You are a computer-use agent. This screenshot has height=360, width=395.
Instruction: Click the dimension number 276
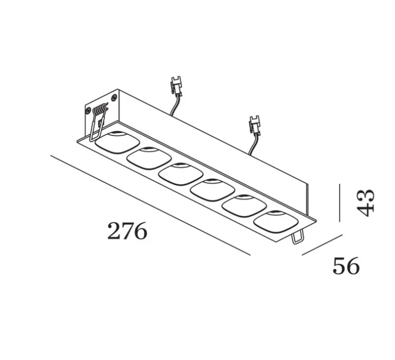[127, 232]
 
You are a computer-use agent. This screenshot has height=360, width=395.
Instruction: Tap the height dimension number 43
[365, 202]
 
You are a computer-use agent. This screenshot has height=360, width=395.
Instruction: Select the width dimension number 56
[346, 265]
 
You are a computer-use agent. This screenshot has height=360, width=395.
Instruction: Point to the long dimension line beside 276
[149, 204]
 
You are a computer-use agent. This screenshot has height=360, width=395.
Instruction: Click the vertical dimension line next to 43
[339, 203]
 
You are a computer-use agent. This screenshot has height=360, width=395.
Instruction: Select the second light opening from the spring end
[149, 157]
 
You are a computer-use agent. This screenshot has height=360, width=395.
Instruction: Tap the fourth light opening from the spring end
[212, 190]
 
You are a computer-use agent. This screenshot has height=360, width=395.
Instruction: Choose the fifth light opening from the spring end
[244, 205]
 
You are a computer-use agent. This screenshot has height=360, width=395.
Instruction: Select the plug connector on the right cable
[254, 126]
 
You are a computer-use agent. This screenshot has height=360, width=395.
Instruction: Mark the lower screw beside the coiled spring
[89, 111]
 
